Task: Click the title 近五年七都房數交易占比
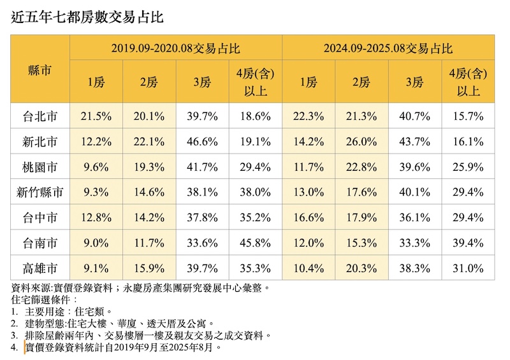[x=87, y=17]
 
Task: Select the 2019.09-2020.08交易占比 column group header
[x=176, y=48]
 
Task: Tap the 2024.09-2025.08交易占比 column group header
[x=388, y=48]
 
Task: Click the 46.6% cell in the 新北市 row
[x=202, y=141]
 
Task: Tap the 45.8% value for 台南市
[x=255, y=242]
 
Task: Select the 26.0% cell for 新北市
[x=361, y=141]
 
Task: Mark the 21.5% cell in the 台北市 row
[x=96, y=117]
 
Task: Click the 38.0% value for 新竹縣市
[x=255, y=192]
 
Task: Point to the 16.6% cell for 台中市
[x=309, y=217]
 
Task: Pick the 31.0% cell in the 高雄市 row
[x=468, y=267]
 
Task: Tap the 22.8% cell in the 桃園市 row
[x=361, y=167]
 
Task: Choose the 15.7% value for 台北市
[x=468, y=117]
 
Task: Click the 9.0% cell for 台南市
[x=96, y=242]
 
